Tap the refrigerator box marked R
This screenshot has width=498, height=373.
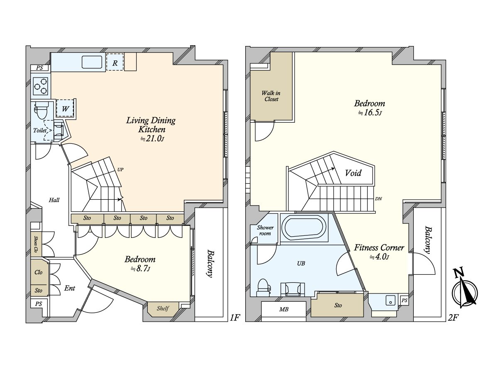pyautogui.click(x=115, y=62)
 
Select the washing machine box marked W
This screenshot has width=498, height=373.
pyautogui.click(x=65, y=109)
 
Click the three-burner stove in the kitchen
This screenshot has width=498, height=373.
pyautogui.click(x=41, y=86)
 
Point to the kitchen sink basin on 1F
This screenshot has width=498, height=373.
pyautogui.click(x=92, y=62)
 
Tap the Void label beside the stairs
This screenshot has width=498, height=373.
pyautogui.click(x=353, y=173)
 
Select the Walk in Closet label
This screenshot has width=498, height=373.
pyautogui.click(x=271, y=96)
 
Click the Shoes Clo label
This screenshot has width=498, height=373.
pyautogui.click(x=36, y=244)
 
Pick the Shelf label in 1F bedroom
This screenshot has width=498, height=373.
pyautogui.click(x=163, y=308)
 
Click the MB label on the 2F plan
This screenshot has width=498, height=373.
pyautogui.click(x=284, y=309)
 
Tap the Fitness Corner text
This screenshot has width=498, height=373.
pyautogui.click(x=379, y=248)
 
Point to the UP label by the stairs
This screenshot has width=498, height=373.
pyautogui.click(x=120, y=170)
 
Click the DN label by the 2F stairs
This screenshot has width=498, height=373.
pyautogui.click(x=378, y=199)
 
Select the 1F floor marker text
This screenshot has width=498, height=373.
pyautogui.click(x=235, y=318)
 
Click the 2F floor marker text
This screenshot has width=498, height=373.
pyautogui.click(x=452, y=318)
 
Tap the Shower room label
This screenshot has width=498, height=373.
pyautogui.click(x=265, y=230)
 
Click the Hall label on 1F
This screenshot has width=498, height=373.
pyautogui.click(x=54, y=200)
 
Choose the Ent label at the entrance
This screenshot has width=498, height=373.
pyautogui.click(x=69, y=288)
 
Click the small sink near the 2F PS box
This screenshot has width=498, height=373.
pyautogui.click(x=391, y=301)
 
